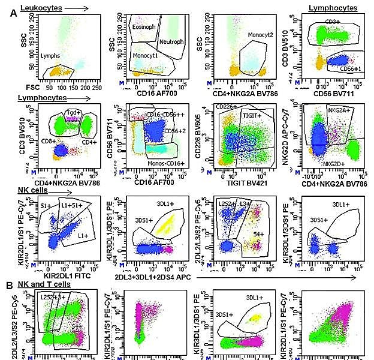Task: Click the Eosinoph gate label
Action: click(144, 28)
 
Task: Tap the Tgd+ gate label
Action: click(73, 112)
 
